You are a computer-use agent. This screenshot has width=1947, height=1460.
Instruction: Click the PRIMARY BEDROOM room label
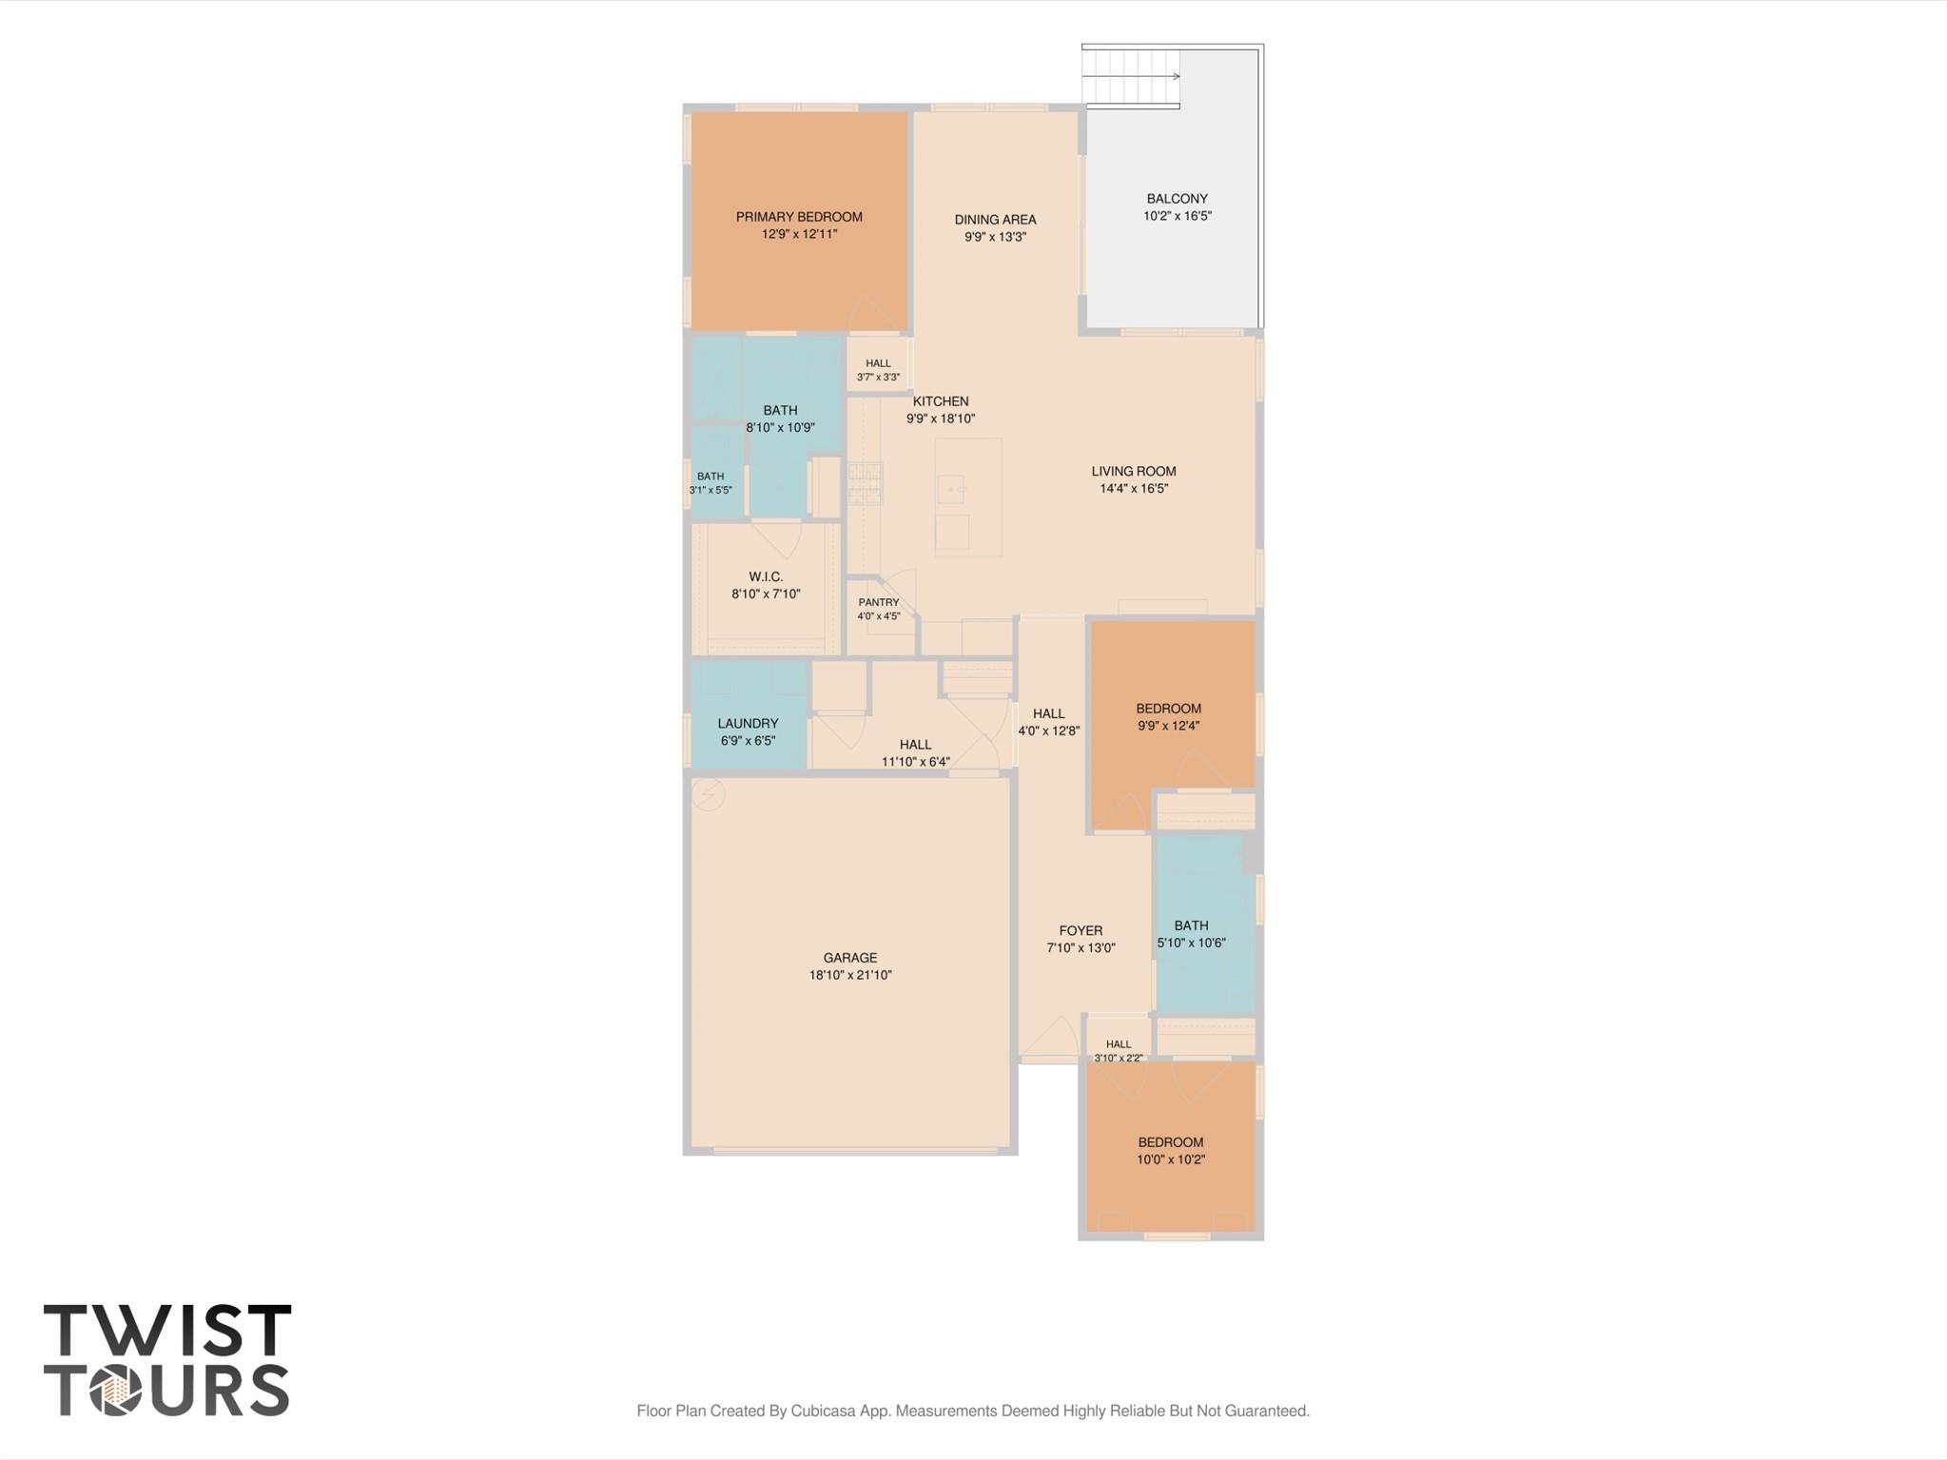coord(799,217)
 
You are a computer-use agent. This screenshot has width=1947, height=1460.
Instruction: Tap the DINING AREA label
coord(995,220)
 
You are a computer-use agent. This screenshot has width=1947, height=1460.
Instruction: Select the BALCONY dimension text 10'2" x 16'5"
coord(1178,216)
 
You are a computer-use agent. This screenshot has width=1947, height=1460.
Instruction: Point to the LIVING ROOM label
coord(1134,471)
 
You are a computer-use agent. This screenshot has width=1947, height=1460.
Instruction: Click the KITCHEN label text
coord(941,401)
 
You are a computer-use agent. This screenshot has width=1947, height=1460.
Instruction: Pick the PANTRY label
coord(879,602)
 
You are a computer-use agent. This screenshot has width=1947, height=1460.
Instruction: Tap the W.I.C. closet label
coord(766,576)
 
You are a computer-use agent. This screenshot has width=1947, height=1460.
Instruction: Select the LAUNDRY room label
coord(748,723)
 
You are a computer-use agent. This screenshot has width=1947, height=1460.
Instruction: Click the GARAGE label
coord(850,958)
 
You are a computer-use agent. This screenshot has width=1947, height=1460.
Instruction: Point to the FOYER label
coord(1081,930)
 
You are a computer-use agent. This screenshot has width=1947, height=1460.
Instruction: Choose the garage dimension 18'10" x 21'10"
coord(850,975)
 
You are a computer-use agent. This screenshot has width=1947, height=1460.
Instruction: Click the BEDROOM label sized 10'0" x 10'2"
coord(1171,1142)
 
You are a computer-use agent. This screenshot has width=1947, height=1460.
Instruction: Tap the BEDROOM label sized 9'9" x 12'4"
coord(1168,709)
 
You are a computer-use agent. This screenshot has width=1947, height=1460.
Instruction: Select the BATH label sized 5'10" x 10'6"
coord(1191,925)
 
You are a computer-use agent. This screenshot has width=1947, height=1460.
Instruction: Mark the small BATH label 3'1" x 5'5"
coord(711,477)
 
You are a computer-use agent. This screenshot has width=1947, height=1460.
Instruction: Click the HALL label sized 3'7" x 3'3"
coord(878,363)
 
